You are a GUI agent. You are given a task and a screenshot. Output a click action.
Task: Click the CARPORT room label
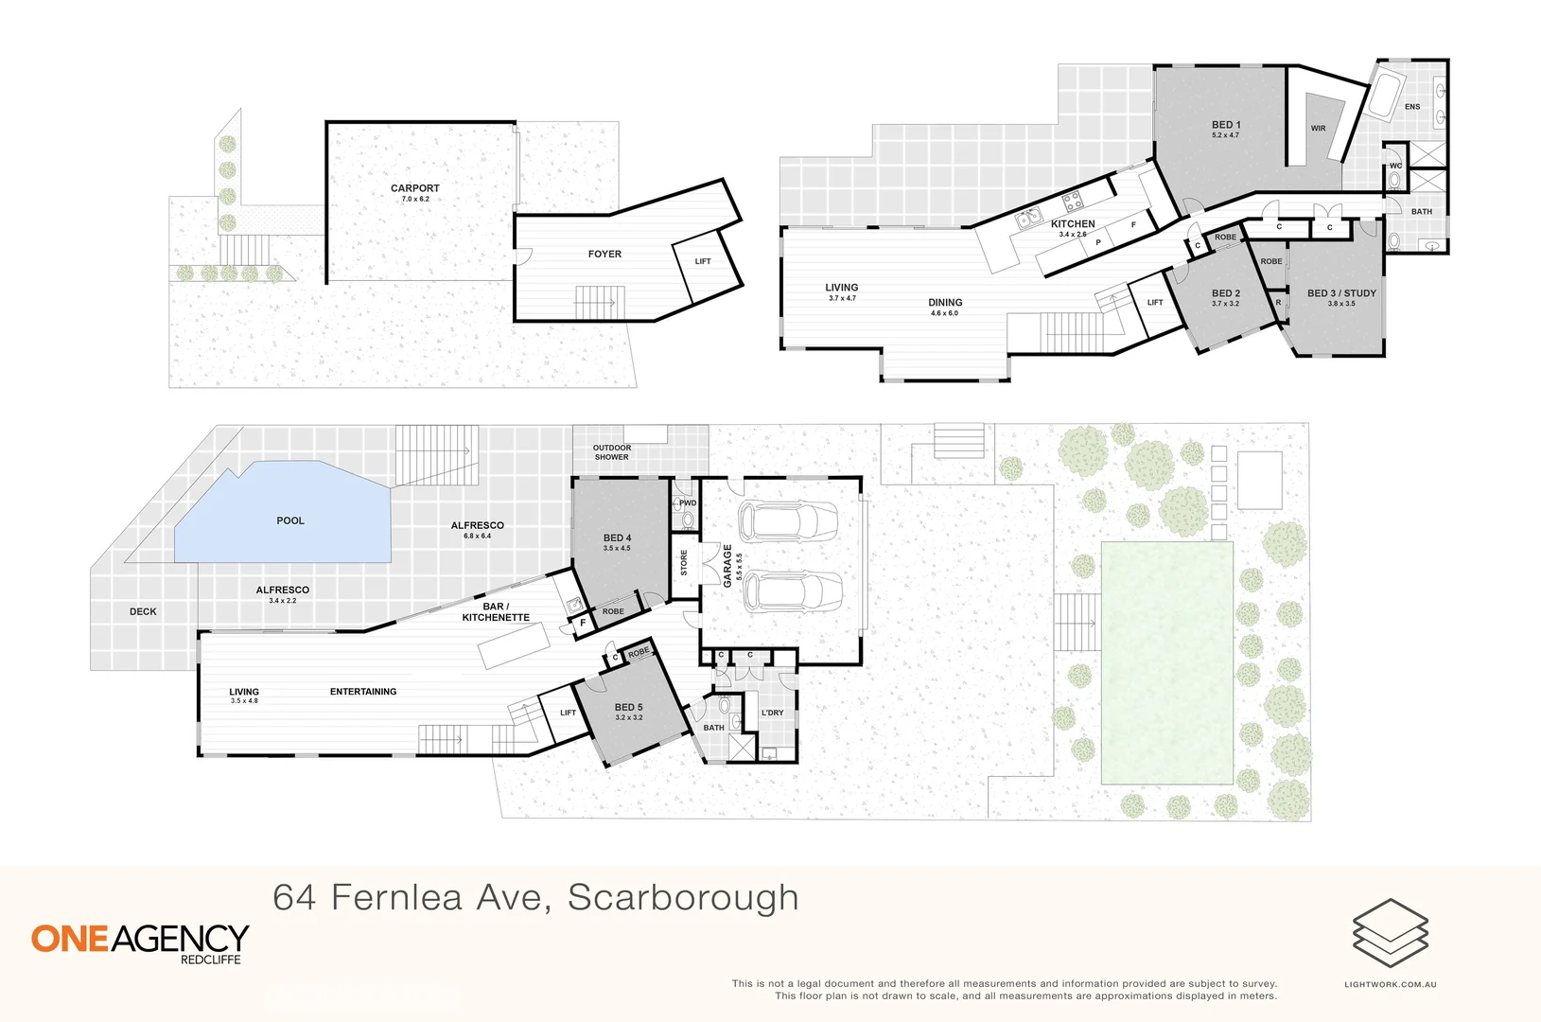coord(414,188)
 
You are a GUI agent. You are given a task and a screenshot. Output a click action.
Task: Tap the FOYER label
coord(604,254)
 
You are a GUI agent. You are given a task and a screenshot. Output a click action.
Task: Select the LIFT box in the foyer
coord(702,262)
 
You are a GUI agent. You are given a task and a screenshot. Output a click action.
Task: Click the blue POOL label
coord(290,520)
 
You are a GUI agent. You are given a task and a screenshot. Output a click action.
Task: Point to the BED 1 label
coord(1225,125)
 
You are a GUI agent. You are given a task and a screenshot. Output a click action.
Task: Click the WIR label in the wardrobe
coord(1318,129)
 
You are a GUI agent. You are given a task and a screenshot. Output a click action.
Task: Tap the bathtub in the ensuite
coord(1388,95)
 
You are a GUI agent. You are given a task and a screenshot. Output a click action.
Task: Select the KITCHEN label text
coord(1073,224)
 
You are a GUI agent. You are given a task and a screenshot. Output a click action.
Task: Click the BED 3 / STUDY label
coord(1340,293)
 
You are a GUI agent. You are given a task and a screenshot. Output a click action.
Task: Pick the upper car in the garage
coord(788,520)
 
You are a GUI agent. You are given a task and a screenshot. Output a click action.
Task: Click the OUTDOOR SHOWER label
coord(612,452)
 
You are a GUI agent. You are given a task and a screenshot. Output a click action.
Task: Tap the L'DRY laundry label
coord(772,713)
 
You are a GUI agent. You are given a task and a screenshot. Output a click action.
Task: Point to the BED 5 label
coord(628,707)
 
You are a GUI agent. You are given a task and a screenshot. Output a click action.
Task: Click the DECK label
coord(143,611)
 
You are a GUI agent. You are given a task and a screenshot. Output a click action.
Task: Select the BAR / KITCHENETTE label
coord(496,612)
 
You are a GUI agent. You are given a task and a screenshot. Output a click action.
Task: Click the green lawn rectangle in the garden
coord(1167,662)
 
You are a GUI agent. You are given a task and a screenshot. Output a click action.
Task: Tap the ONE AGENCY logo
coord(140,939)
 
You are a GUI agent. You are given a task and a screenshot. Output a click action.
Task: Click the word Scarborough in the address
coord(683,898)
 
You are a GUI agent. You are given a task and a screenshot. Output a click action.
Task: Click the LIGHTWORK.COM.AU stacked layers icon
coord(1390,933)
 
